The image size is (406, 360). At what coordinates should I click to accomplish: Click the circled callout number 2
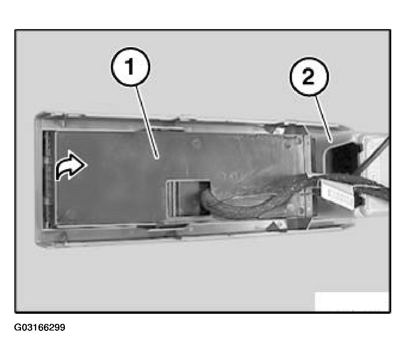[309, 78]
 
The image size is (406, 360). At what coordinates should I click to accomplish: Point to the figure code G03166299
[40, 327]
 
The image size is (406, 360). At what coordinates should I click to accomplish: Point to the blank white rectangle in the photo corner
[351, 301]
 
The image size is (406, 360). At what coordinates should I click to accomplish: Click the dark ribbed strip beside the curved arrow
[49, 179]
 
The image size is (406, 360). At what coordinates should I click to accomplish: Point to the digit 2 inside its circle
[309, 78]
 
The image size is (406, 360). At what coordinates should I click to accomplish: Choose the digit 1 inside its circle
[131, 69]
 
